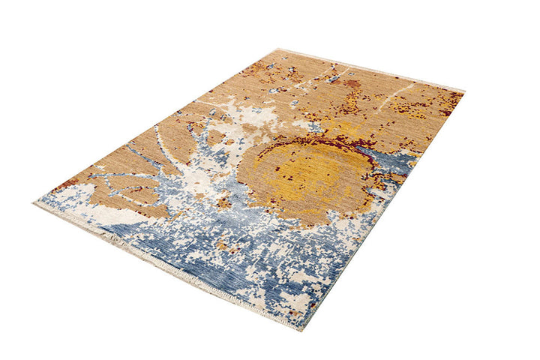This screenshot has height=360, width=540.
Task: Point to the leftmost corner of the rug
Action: pos(35,201)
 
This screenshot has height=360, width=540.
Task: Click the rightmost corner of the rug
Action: pos(463,91)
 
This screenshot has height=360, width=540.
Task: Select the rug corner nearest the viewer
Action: pos(301,328)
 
